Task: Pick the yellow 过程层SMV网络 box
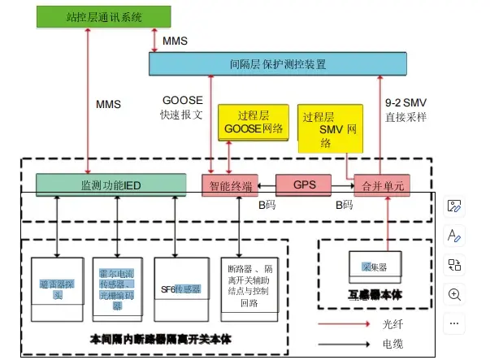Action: pyautogui.click(x=330, y=128)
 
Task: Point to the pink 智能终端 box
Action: pyautogui.click(x=229, y=186)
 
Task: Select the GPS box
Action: pyautogui.click(x=305, y=184)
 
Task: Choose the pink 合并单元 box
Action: pyautogui.click(x=379, y=186)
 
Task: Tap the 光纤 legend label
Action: pyautogui.click(x=392, y=323)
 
